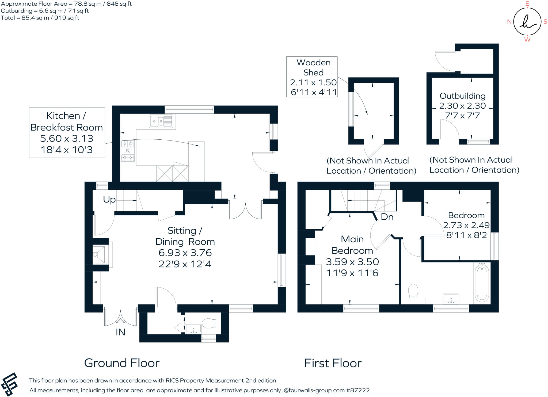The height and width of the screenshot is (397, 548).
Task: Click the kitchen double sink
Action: pyautogui.click(x=161, y=121)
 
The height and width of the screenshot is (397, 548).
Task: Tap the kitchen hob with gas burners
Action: pyautogui.click(x=128, y=151)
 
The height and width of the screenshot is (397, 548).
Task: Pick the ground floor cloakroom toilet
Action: pyautogui.click(x=209, y=323)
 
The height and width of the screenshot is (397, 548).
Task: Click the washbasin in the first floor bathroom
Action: pyautogui.click(x=451, y=299)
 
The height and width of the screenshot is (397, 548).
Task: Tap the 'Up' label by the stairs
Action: pyautogui.click(x=109, y=200)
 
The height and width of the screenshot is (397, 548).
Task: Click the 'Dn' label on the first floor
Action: pyautogui.click(x=387, y=217)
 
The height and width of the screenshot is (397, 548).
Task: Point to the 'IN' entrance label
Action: pyautogui.click(x=120, y=332)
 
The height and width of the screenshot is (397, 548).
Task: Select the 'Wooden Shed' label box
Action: pyautogui.click(x=312, y=77)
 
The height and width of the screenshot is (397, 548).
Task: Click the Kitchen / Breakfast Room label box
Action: pyautogui.click(x=67, y=133)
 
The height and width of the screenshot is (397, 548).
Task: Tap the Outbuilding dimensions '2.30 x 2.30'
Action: pyautogui.click(x=462, y=106)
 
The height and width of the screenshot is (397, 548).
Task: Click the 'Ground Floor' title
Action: pyautogui.click(x=122, y=363)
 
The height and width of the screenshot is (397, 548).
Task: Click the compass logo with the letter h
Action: pyautogui.click(x=527, y=22)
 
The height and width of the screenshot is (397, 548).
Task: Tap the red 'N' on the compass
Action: pyautogui.click(x=509, y=22)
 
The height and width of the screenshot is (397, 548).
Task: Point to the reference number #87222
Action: pyautogui.click(x=358, y=390)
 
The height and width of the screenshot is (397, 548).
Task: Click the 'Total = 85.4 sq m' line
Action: pyautogui.click(x=40, y=18)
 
